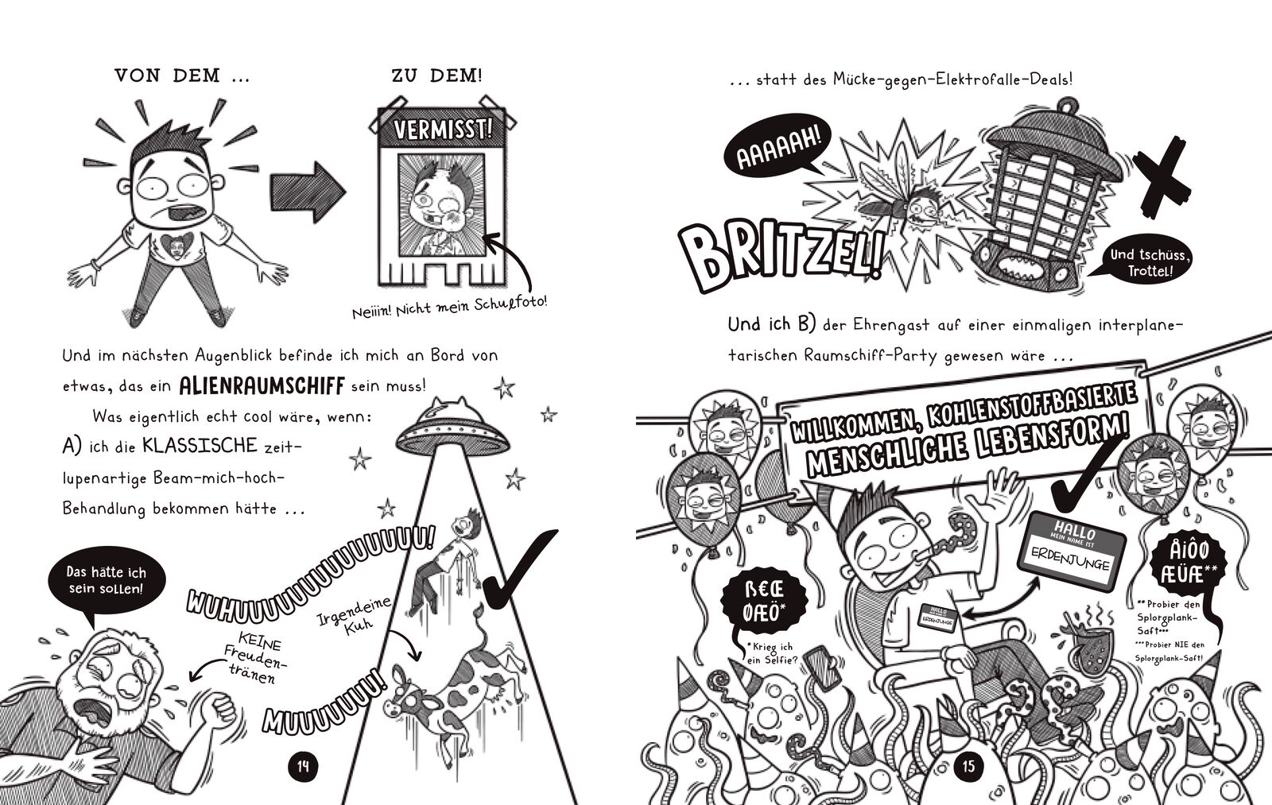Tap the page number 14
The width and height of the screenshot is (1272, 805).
pos(303,767)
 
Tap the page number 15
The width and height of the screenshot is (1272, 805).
pos(968,767)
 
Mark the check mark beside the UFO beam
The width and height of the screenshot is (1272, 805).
pos(521,573)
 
